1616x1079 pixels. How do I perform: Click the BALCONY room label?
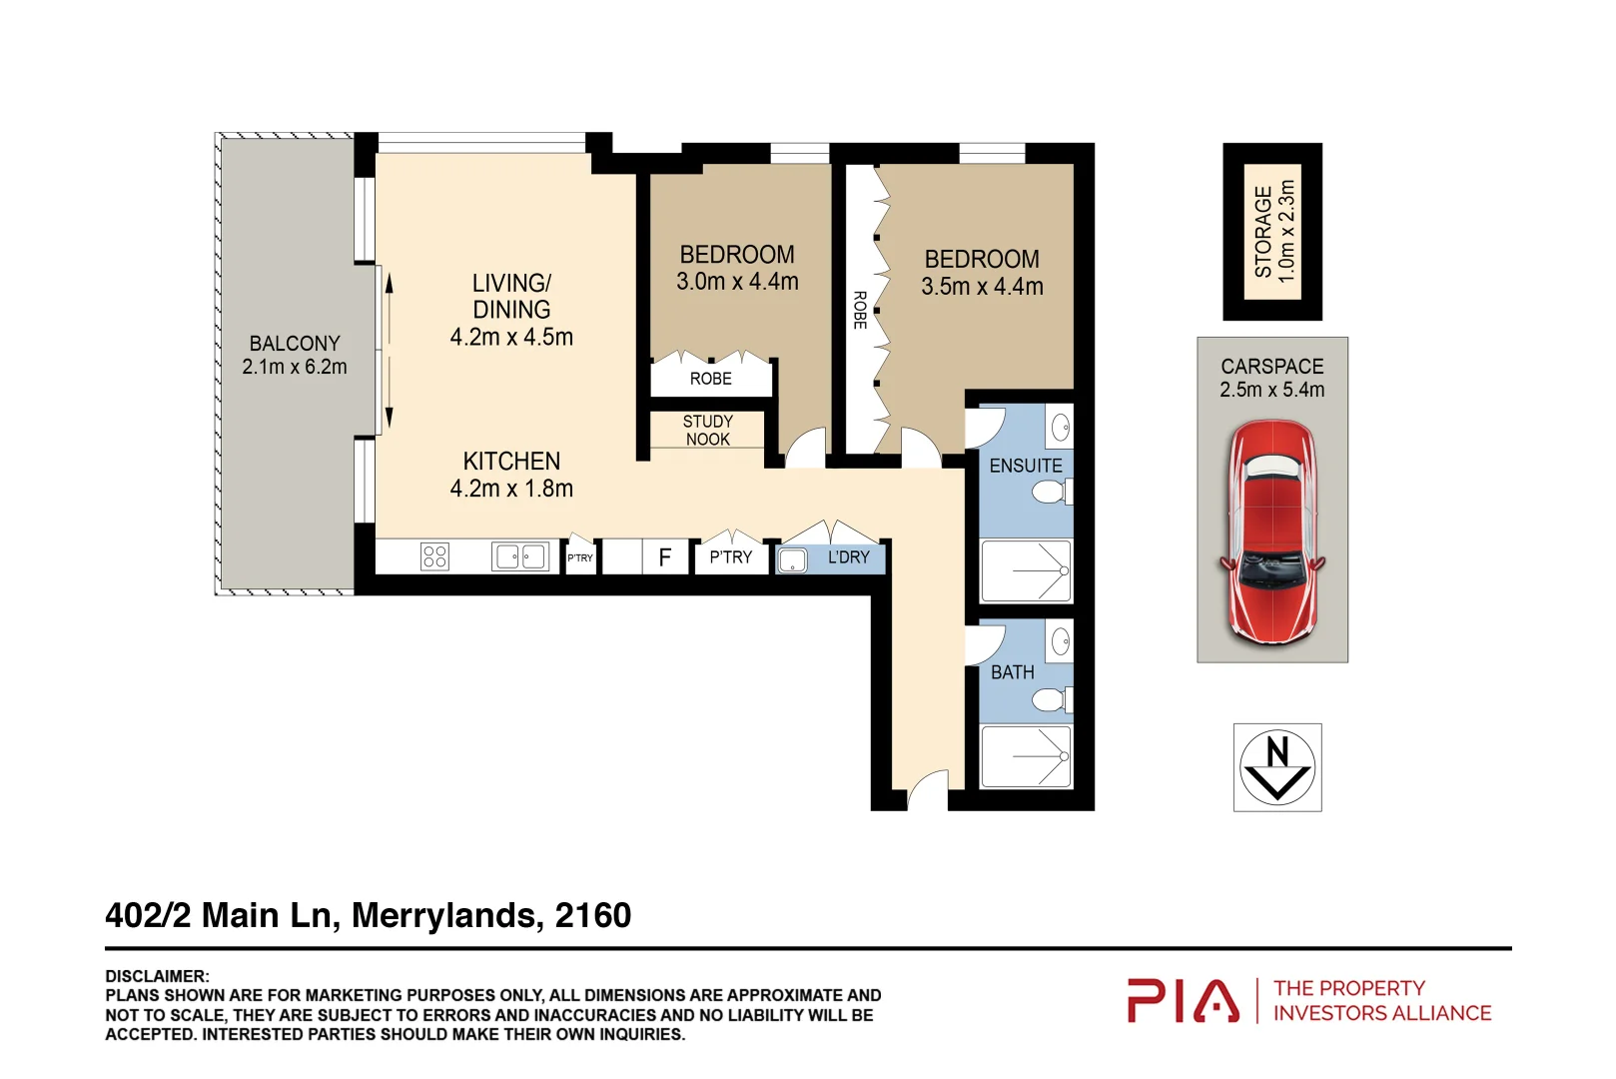pyautogui.click(x=295, y=343)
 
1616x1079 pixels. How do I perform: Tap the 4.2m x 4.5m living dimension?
pyautogui.click(x=511, y=338)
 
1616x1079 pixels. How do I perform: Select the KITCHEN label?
pyautogui.click(x=511, y=462)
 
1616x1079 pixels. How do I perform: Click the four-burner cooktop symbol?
pyautogui.click(x=434, y=556)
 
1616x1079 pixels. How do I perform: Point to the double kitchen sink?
pyautogui.click(x=520, y=556)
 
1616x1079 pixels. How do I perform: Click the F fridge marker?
pyautogui.click(x=665, y=557)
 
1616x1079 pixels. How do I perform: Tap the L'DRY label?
pyautogui.click(x=848, y=557)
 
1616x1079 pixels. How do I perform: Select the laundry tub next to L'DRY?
pyautogui.click(x=792, y=559)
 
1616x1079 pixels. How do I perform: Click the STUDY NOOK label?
pyautogui.click(x=707, y=431)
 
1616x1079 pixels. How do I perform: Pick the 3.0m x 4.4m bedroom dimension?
pyautogui.click(x=737, y=283)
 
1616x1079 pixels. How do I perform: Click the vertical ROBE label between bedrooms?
pyautogui.click(x=859, y=310)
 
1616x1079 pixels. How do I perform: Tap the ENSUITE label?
pyautogui.click(x=1026, y=467)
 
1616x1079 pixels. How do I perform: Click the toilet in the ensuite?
pyautogui.click(x=1050, y=493)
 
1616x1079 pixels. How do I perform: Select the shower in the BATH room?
pyautogui.click(x=1027, y=756)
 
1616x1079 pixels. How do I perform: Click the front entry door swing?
pyautogui.click(x=929, y=790)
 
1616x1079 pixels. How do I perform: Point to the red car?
pyautogui.click(x=1271, y=532)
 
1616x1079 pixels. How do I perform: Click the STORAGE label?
pyautogui.click(x=1263, y=232)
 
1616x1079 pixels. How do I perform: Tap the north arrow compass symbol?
pyautogui.click(x=1277, y=767)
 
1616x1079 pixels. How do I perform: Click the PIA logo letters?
pyautogui.click(x=1184, y=1001)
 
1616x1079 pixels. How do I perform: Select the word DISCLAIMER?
pyautogui.click(x=157, y=976)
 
